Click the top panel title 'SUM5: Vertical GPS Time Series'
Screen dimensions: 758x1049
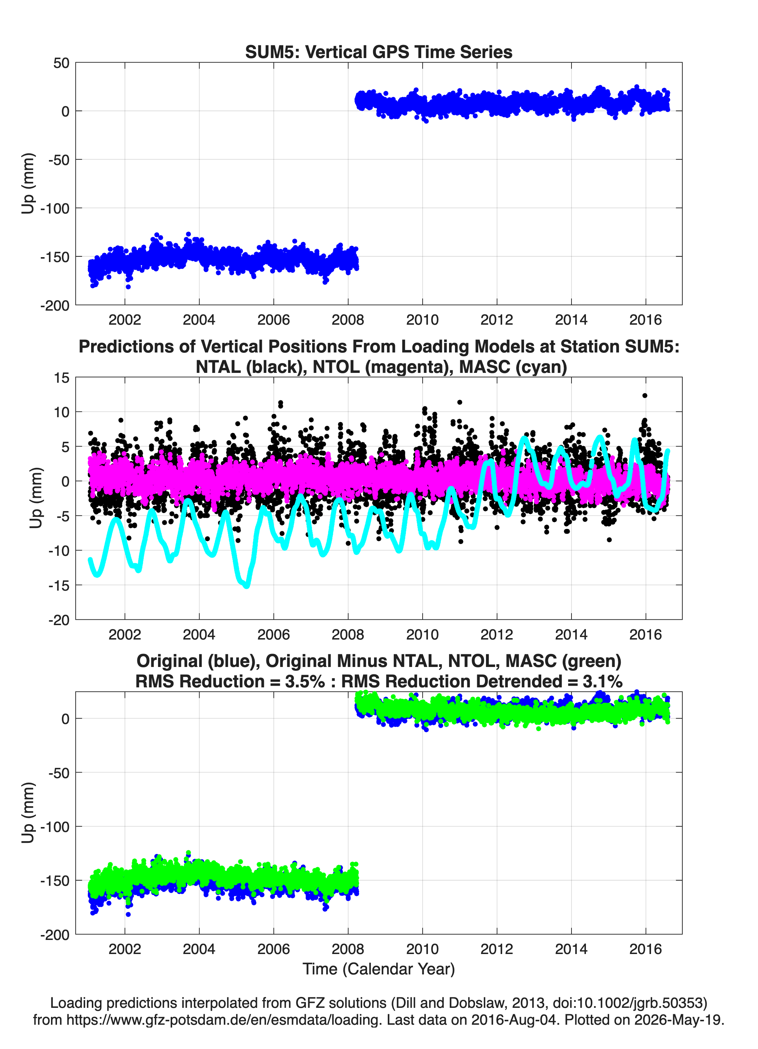coord(379,52)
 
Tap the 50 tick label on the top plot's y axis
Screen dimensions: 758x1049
coord(61,63)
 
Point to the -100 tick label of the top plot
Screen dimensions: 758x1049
coord(55,208)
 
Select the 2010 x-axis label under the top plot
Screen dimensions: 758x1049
coord(422,320)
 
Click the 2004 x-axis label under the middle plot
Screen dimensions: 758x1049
coord(199,634)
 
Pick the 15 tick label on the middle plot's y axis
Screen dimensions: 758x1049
coord(62,377)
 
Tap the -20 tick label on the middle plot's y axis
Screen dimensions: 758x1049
coord(59,620)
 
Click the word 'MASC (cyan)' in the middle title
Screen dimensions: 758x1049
coord(513,367)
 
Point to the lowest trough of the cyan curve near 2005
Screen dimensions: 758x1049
coord(247,586)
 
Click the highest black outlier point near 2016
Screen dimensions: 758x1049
coord(645,395)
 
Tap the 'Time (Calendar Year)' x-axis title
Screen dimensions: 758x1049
coord(379,968)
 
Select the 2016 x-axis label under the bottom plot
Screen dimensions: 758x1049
coord(645,949)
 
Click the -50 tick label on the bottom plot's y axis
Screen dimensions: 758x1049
coord(58,773)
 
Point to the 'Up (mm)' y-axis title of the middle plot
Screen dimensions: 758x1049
coord(36,498)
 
